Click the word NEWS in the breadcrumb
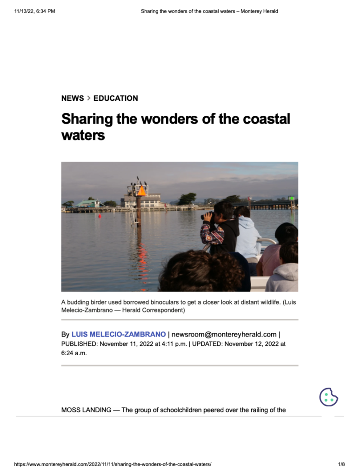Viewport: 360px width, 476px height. point(73,98)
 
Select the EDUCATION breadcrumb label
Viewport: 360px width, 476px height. point(115,98)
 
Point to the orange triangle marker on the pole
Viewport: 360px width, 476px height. point(141,191)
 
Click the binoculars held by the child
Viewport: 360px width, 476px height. point(207,216)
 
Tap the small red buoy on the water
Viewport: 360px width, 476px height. point(100,216)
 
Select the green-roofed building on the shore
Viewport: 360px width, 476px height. point(89,203)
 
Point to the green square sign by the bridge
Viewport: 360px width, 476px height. point(292,198)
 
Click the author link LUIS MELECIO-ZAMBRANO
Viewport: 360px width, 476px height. point(119,334)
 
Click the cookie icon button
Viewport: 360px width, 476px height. point(328,397)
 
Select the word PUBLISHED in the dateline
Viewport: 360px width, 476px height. point(79,344)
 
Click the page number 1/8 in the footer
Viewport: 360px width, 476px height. point(341,464)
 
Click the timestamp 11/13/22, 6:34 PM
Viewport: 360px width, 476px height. point(35,11)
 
